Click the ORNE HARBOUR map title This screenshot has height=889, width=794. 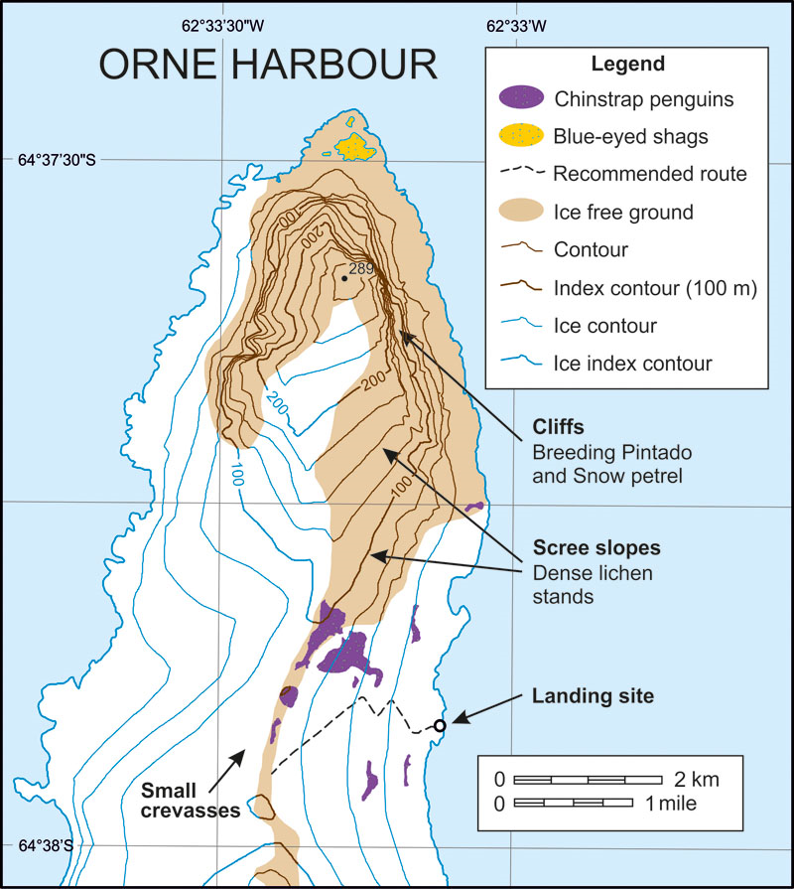pos(268,65)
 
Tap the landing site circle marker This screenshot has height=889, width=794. pos(440,725)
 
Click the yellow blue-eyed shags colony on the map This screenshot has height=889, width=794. pos(356,146)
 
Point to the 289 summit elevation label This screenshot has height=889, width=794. pos(362,269)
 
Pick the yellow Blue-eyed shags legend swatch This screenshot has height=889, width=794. pos(522,135)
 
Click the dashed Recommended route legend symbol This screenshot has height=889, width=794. pos(522,173)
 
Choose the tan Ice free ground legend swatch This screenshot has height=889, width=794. pos(522,211)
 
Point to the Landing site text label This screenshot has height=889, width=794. pos(593,696)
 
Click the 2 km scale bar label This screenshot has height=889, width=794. pos(694,779)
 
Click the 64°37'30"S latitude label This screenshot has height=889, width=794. pos(59,159)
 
